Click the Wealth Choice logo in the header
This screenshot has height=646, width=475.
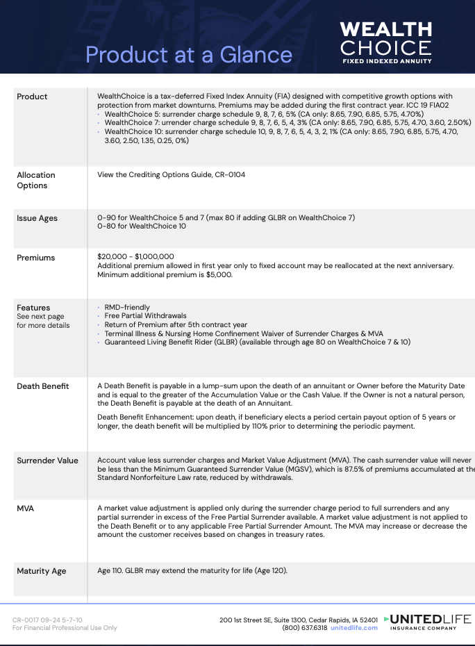385,42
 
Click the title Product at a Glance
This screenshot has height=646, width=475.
189,54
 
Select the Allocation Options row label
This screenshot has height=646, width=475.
36,180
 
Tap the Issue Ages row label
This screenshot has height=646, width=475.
37,218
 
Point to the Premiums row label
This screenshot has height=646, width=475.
35,258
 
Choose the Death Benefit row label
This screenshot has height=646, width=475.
43,386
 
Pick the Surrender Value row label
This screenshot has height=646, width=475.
47,461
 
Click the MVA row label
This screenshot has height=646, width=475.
26,508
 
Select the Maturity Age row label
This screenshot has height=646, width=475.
42,571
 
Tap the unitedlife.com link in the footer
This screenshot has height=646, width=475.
354,628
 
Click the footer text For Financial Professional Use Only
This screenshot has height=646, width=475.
65,628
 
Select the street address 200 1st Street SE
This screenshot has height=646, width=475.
249,620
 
